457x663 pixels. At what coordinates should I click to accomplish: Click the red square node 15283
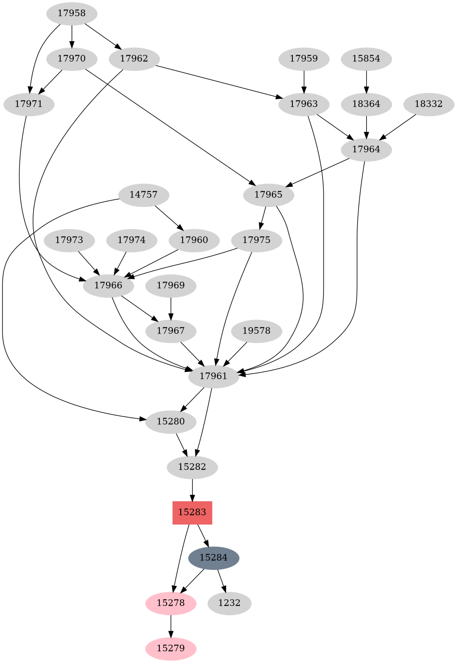pyautogui.click(x=192, y=512)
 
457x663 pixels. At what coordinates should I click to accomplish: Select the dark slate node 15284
pyautogui.click(x=213, y=558)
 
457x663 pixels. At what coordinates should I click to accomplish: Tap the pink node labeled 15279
pyautogui.click(x=171, y=648)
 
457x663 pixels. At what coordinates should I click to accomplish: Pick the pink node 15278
pyautogui.click(x=171, y=603)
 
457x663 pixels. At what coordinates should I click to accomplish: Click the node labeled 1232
pyautogui.click(x=229, y=603)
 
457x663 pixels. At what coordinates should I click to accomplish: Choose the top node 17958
pyautogui.click(x=72, y=13)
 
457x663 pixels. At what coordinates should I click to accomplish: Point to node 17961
pyautogui.click(x=213, y=376)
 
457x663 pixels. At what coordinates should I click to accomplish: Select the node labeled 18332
pyautogui.click(x=429, y=104)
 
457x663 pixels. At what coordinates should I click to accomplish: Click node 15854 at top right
pyautogui.click(x=367, y=59)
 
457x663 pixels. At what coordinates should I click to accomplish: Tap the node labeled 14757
pyautogui.click(x=143, y=195)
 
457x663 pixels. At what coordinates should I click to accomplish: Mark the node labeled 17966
pyautogui.click(x=108, y=285)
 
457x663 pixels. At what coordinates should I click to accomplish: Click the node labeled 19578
pyautogui.click(x=256, y=331)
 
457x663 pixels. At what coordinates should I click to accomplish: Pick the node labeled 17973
pyautogui.click(x=69, y=240)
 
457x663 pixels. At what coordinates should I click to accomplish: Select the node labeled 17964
pyautogui.click(x=367, y=149)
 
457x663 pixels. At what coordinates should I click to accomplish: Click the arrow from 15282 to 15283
pyautogui.click(x=192, y=490)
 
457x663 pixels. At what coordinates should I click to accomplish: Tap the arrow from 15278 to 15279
pyautogui.click(x=171, y=626)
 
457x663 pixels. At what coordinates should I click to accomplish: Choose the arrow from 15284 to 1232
pyautogui.click(x=221, y=580)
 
